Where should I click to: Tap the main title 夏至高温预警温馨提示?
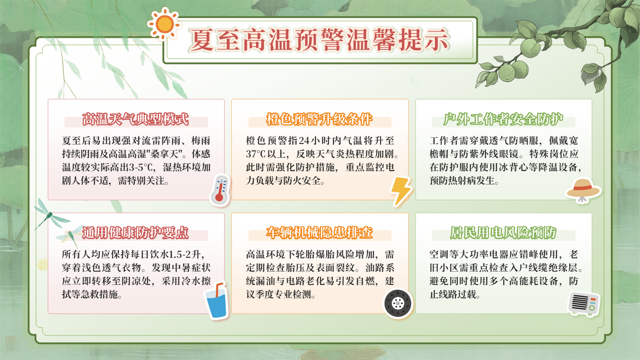[x=319, y=40]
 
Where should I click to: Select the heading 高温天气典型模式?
[x=136, y=120]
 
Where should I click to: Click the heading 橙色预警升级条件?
[x=320, y=120]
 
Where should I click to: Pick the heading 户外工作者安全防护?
[x=504, y=120]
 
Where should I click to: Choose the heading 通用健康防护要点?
[x=136, y=233]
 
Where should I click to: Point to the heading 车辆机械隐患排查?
[x=320, y=233]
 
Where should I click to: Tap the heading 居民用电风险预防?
[x=504, y=233]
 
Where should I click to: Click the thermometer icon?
[x=220, y=190]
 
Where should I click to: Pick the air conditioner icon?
[x=584, y=304]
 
